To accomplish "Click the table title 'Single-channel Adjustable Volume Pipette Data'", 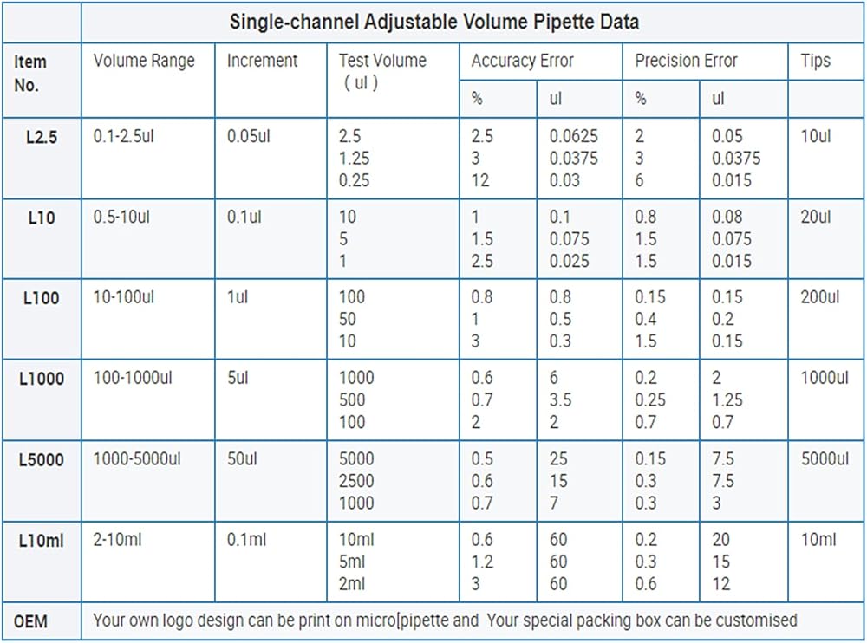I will (433, 22).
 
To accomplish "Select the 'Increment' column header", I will (262, 61).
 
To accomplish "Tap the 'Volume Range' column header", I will (144, 61).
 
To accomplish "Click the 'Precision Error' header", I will (686, 61).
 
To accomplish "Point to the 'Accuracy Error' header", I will (522, 61).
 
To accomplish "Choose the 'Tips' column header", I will (815, 61).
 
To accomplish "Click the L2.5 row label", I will (41, 137).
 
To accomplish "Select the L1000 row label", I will (41, 379).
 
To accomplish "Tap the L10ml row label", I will (41, 541).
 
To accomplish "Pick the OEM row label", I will (30, 621).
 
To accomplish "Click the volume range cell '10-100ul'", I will (124, 297).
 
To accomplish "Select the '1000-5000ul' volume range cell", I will (136, 459).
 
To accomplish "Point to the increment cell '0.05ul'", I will (249, 136).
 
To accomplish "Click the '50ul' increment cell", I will (244, 459).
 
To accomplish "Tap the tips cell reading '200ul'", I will (819, 297).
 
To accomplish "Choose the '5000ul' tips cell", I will (825, 459).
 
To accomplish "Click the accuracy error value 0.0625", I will (573, 136).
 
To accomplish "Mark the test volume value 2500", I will (356, 481).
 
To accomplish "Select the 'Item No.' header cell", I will (31, 74).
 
